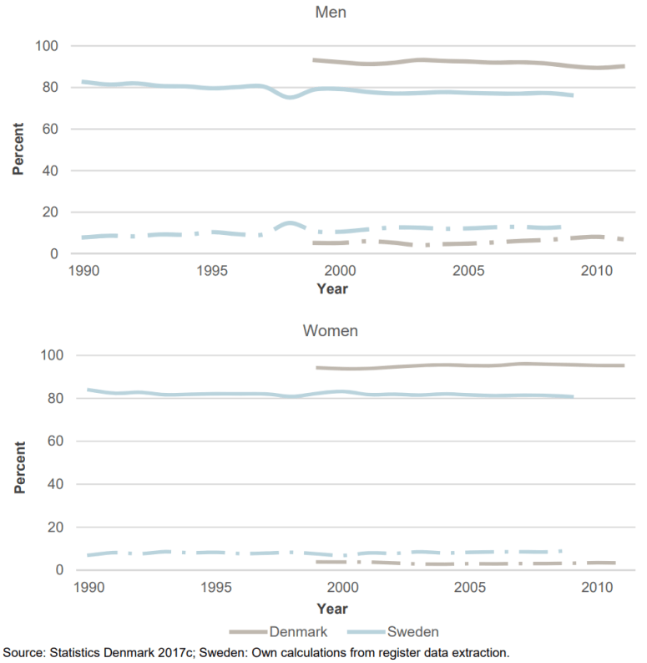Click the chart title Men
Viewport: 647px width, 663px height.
click(331, 13)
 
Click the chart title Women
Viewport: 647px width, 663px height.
click(331, 331)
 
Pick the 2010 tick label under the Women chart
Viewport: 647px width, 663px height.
click(594, 588)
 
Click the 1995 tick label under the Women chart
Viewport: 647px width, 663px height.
click(215, 588)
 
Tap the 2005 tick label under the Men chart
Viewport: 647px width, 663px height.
click(467, 272)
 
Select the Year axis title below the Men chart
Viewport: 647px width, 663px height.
click(331, 289)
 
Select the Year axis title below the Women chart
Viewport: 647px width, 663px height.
click(331, 608)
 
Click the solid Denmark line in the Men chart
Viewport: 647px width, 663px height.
click(468, 62)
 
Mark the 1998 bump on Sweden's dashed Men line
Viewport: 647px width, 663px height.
click(290, 223)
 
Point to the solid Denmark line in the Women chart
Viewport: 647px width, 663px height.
click(468, 365)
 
